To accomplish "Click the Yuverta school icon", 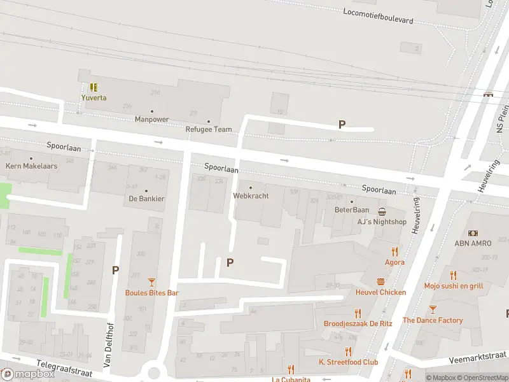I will click(x=94, y=87).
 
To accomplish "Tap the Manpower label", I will click(x=151, y=119).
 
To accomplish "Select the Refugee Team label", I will click(x=209, y=129).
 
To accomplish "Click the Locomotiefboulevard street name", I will click(x=378, y=16).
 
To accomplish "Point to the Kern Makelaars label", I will click(x=31, y=166).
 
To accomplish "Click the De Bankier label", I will click(x=146, y=199).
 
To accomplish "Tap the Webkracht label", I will click(x=251, y=195).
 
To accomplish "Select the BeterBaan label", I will click(x=352, y=209).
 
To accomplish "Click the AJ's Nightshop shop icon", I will click(x=382, y=211).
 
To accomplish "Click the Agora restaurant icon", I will click(x=394, y=251).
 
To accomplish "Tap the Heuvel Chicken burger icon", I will click(x=380, y=281).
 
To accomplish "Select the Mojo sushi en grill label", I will click(x=453, y=286).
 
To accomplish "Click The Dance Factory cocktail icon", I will click(x=433, y=309).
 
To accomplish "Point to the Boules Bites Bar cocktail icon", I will click(x=151, y=282).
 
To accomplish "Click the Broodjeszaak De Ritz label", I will click(x=358, y=323).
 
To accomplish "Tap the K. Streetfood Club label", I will click(x=348, y=362).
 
